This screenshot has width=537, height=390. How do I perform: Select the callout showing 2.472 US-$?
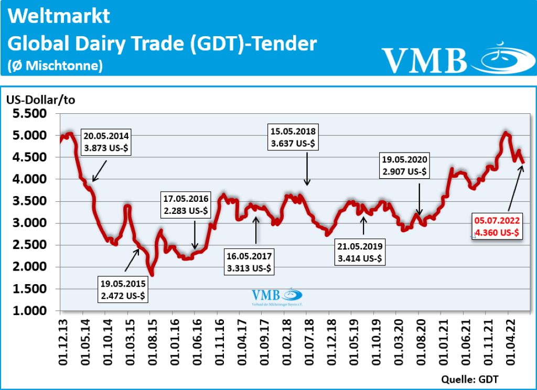[123, 289]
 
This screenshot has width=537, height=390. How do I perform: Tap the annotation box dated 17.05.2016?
[186, 205]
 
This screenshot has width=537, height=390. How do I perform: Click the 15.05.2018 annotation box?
[293, 136]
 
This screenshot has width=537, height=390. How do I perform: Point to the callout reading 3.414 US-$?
[360, 252]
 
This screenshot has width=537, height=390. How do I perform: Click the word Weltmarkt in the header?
[59, 16]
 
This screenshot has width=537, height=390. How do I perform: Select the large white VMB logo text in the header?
[424, 60]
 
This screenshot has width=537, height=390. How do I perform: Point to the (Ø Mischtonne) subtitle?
[55, 65]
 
